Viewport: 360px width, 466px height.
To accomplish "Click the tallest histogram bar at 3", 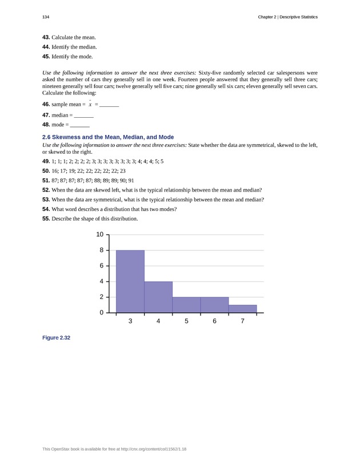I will click(130, 281).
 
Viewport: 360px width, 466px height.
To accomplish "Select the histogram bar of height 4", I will click(158, 297).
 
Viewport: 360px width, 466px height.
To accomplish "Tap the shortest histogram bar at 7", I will click(243, 309).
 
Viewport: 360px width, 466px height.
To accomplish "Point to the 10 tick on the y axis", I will click(99, 234).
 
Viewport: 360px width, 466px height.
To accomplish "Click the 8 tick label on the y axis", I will click(101, 250).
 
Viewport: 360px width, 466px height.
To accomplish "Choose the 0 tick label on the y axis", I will click(101, 313).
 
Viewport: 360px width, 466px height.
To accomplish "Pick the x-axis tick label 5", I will click(187, 321).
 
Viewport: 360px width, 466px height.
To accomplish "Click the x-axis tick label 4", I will click(158, 321).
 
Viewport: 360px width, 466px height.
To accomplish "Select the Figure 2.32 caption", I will click(56, 338).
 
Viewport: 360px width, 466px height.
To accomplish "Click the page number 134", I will click(46, 17).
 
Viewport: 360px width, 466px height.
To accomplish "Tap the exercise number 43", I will click(46, 37).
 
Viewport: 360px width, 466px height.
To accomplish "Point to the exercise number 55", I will click(46, 218).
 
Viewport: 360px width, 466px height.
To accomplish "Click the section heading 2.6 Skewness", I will click(108, 137).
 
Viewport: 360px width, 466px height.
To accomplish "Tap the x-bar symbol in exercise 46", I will click(90, 104).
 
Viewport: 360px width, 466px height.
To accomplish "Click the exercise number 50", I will click(46, 170).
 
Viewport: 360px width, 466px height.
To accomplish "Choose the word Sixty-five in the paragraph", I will click(210, 73).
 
